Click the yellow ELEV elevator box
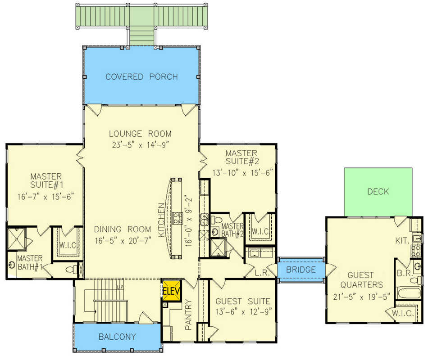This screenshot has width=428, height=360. (172, 291)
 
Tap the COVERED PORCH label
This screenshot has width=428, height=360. (141, 77)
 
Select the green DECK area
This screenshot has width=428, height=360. (378, 192)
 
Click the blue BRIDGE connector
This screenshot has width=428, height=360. (301, 270)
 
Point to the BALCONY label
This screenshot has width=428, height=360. (117, 337)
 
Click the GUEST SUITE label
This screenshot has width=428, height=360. (243, 301)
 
